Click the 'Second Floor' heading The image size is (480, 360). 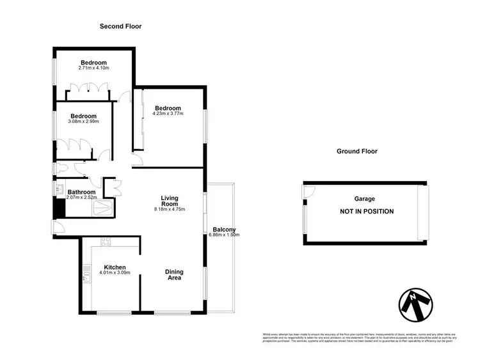coord(120,26)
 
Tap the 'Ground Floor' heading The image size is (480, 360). coord(356,152)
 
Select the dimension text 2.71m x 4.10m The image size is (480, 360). coord(93,68)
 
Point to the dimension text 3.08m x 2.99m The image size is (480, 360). coord(84,121)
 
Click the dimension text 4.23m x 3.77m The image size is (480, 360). coord(168,114)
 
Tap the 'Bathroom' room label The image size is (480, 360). coord(82,192)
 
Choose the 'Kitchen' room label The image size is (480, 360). coord(111,267)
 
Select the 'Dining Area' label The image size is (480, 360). coord(174,274)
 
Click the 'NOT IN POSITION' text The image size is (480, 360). coord(367,212)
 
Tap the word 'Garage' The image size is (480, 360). coord(365,200)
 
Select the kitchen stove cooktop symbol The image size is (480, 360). coord(105,241)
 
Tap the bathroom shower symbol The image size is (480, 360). coord(105,205)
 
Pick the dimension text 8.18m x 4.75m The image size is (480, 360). coord(170,210)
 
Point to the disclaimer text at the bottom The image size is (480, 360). coord(358,337)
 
